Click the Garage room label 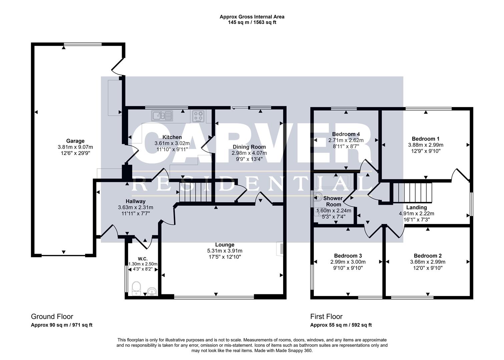(75, 141)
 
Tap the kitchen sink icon (162, 116)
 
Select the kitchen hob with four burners (198, 116)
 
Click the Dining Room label (249, 147)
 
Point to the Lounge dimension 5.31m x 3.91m (224, 251)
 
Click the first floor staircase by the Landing (412, 193)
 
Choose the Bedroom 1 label (425, 139)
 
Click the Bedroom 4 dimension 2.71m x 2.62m (346, 140)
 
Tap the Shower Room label (333, 201)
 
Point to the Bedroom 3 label (348, 256)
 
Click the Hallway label (135, 201)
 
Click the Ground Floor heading (52, 317)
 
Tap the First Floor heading (326, 317)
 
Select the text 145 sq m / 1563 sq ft (252, 22)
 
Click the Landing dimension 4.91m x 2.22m (416, 214)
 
